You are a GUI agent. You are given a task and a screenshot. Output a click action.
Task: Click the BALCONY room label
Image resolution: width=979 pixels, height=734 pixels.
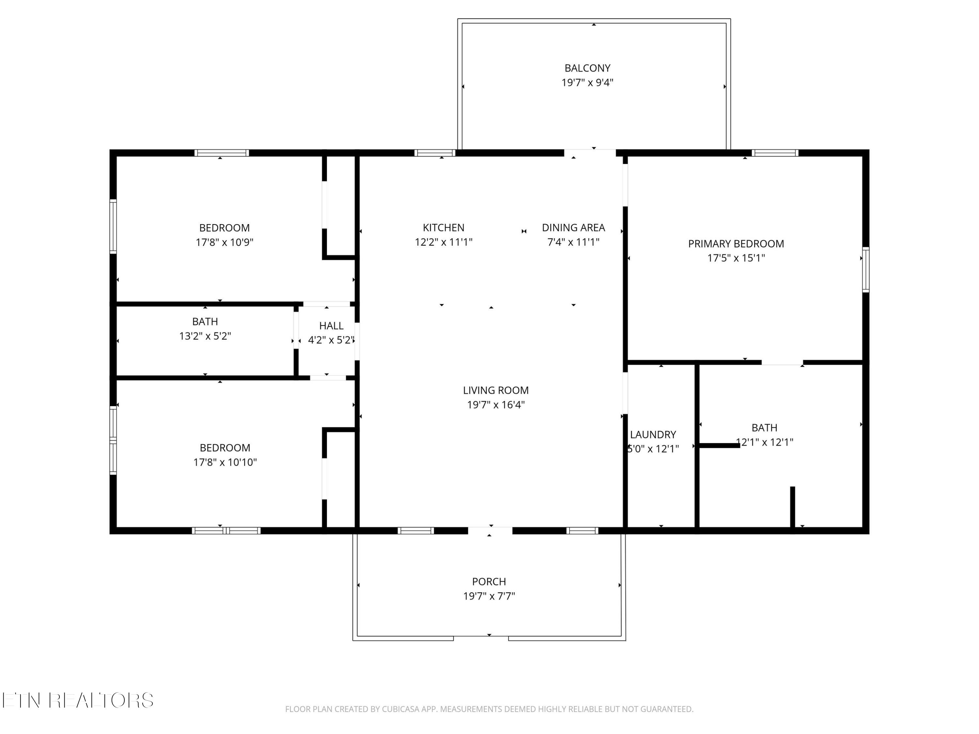pyautogui.click(x=587, y=68)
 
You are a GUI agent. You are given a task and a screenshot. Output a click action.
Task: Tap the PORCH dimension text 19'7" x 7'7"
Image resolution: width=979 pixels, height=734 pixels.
pyautogui.click(x=489, y=596)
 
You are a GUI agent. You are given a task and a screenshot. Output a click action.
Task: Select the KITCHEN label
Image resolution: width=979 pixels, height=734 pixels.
pyautogui.click(x=443, y=227)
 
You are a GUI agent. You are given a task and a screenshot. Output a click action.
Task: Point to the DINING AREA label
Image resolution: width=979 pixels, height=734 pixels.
pyautogui.click(x=573, y=227)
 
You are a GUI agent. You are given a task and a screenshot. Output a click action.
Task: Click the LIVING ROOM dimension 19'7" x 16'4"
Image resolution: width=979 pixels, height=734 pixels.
pyautogui.click(x=496, y=405)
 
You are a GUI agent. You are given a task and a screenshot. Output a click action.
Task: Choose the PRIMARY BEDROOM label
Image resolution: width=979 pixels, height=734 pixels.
pyautogui.click(x=736, y=243)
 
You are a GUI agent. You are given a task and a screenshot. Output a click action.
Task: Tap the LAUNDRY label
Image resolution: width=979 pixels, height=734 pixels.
pyautogui.click(x=653, y=435)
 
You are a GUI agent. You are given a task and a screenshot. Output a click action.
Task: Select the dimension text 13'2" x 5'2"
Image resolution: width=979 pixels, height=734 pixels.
pyautogui.click(x=205, y=336)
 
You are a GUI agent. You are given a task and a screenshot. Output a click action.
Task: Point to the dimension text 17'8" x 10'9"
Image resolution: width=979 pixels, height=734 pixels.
pyautogui.click(x=225, y=242)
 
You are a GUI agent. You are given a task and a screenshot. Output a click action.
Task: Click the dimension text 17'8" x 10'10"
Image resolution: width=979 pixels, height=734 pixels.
pyautogui.click(x=225, y=462)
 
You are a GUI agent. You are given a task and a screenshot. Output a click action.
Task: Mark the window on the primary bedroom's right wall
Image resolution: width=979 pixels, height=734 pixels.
pyautogui.click(x=866, y=269)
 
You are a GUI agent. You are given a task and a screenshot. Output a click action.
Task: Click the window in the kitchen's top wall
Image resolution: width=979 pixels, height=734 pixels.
pyautogui.click(x=435, y=153)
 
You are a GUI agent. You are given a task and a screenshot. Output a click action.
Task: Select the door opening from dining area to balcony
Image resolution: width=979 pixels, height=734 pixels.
pyautogui.click(x=590, y=153)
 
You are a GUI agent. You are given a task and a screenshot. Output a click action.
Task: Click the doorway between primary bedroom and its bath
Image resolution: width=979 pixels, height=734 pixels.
pyautogui.click(x=782, y=362)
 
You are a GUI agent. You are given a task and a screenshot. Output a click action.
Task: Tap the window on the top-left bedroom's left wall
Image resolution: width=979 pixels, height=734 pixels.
pyautogui.click(x=113, y=226)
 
